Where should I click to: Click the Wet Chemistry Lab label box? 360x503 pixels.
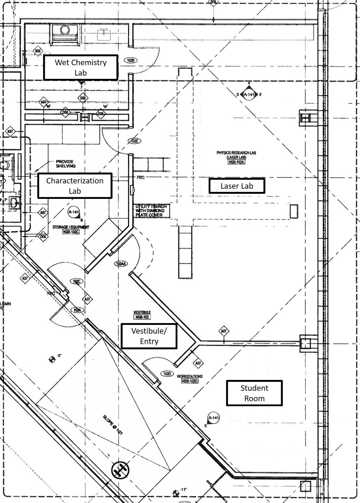tap(81, 67)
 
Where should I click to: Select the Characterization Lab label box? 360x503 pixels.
tap(75, 186)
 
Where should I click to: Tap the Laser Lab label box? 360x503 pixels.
tap(236, 186)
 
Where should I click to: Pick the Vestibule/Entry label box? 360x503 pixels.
tap(149, 336)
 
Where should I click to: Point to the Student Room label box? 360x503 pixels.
tap(254, 393)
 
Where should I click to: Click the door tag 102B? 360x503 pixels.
tap(130, 61)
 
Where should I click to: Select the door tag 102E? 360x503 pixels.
tap(134, 141)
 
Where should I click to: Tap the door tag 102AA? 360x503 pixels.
tap(121, 264)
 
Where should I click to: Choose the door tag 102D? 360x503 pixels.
tap(167, 373)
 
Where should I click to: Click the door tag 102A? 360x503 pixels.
tap(77, 310)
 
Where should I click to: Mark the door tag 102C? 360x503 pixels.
tap(76, 281)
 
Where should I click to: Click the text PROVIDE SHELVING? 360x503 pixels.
tap(65, 164)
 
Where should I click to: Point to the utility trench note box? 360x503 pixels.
tap(152, 210)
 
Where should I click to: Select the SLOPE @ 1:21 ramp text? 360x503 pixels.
tap(113, 425)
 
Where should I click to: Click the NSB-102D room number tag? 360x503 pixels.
tap(190, 381)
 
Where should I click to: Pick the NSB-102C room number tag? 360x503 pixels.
tap(71, 232)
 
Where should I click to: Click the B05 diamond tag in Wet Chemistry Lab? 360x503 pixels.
tap(38, 51)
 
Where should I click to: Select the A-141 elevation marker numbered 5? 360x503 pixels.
tap(213, 418)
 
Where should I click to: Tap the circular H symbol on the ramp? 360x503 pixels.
tap(120, 470)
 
